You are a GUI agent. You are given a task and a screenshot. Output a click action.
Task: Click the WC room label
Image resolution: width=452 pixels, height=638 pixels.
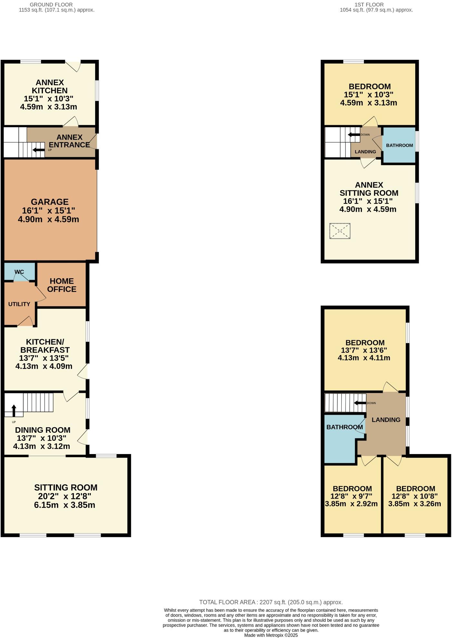tap(19, 272)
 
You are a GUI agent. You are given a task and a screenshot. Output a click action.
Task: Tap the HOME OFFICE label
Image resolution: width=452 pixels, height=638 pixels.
tap(62, 285)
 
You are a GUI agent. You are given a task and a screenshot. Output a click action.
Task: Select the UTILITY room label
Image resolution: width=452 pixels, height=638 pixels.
tap(19, 304)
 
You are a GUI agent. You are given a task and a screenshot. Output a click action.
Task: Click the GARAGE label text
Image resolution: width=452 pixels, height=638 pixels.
tap(50, 202)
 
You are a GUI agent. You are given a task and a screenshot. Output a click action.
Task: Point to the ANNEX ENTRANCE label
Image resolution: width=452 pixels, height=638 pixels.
tap(69, 141)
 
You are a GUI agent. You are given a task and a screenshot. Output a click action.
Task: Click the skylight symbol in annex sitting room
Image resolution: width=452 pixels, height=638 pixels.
tap(340, 231)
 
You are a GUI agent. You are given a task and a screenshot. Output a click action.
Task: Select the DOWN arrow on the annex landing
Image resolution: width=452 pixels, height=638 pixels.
tap(354, 135)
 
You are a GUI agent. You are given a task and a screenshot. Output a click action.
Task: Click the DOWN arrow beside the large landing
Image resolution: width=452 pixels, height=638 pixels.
tap(360, 403)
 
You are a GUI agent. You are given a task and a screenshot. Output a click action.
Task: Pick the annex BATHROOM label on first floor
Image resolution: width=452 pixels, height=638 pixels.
tap(399, 146)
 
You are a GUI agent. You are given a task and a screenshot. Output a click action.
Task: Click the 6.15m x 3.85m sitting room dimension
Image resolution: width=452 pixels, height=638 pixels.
tap(65, 505)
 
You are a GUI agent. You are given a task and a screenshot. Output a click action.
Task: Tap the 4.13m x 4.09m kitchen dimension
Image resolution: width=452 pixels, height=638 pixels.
tap(44, 366)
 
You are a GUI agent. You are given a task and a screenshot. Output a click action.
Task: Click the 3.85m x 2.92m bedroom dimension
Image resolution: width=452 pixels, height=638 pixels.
tap(351, 504)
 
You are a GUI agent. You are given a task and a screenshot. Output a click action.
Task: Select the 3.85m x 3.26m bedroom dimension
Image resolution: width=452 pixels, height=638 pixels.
tap(415, 504)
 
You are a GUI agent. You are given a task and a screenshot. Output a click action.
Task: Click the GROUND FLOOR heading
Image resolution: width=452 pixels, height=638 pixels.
tap(51, 5)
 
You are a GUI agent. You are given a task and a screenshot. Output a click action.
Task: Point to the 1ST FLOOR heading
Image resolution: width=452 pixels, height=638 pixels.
tap(369, 5)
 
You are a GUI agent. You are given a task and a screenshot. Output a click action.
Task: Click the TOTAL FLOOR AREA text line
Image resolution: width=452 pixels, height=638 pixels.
tap(271, 602)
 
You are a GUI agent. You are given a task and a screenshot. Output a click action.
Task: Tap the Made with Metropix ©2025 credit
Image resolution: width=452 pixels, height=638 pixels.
tap(271, 635)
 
